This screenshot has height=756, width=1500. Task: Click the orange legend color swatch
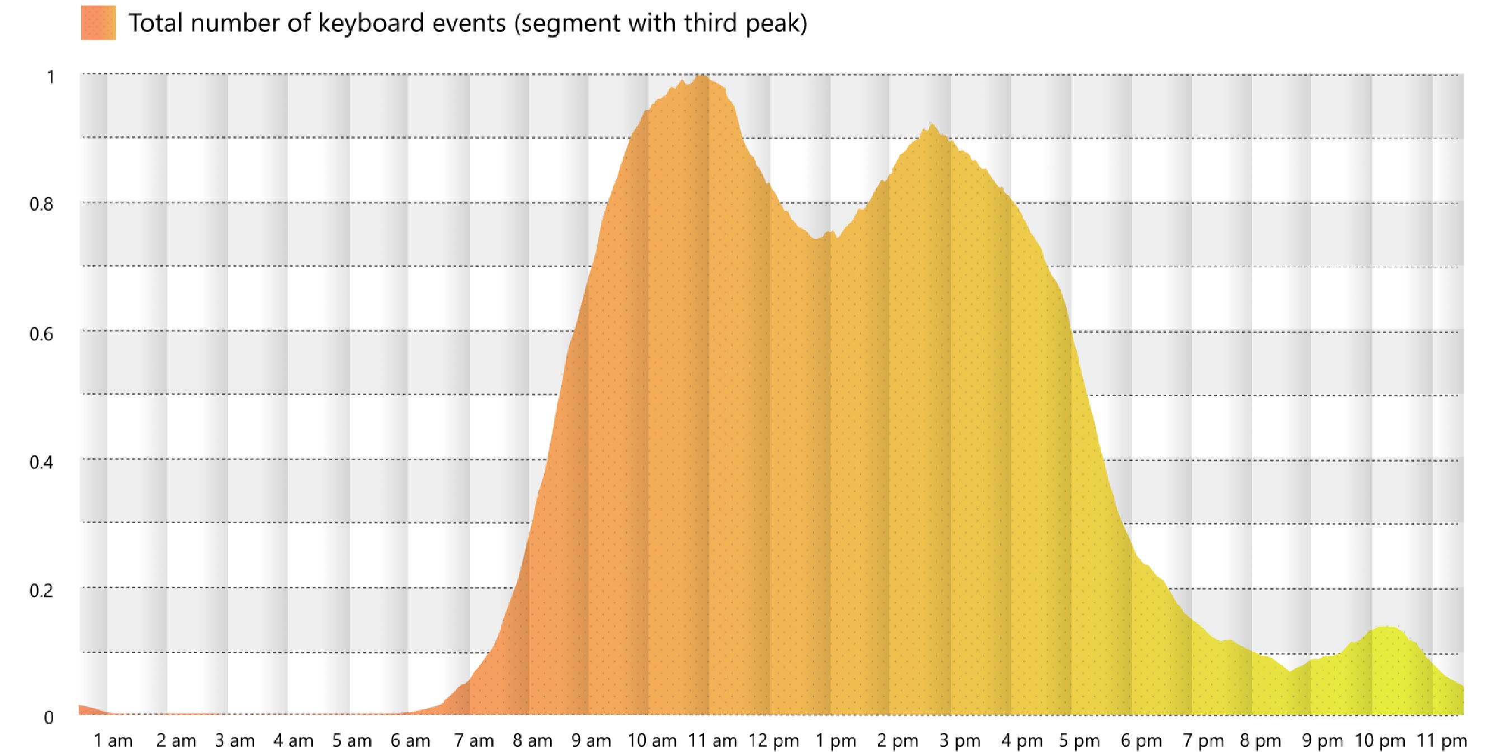[98, 23]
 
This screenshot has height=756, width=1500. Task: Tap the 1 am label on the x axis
[113, 741]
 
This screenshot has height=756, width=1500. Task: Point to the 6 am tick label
[411, 741]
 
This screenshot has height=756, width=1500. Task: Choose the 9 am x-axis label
[591, 741]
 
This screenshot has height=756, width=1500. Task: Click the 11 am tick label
[712, 741]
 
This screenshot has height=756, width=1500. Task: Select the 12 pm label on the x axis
[774, 741]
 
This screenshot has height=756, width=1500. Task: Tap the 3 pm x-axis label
[960, 741]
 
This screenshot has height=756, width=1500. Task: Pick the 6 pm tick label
[1141, 741]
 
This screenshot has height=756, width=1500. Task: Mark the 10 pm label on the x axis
[1380, 741]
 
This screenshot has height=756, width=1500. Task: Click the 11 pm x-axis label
[1442, 741]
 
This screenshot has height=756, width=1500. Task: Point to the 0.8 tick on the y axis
[41, 204]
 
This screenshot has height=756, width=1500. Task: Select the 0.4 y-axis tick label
[41, 462]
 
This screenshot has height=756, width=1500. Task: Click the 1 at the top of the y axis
[51, 77]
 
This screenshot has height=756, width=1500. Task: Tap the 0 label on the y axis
[49, 717]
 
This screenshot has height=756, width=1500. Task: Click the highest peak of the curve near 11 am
[702, 76]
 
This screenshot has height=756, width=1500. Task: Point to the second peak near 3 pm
[932, 125]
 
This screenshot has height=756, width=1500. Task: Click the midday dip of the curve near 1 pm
[818, 238]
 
